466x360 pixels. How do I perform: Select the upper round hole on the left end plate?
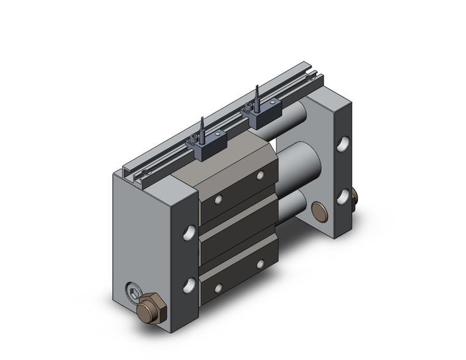pyautogui.click(x=189, y=232)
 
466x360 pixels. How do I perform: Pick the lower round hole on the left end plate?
pyautogui.click(x=189, y=284)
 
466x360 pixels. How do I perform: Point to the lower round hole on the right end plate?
pyautogui.click(x=342, y=197)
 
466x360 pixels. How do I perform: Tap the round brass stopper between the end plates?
pyautogui.click(x=319, y=212)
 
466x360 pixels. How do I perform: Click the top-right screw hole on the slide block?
pyautogui.click(x=260, y=175)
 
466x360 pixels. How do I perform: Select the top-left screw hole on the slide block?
pyautogui.click(x=218, y=199)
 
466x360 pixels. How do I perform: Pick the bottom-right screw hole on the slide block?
pyautogui.click(x=260, y=264)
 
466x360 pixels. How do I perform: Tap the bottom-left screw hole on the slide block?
pyautogui.click(x=218, y=287)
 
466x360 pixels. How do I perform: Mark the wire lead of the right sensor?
pyautogui.click(x=258, y=95)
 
